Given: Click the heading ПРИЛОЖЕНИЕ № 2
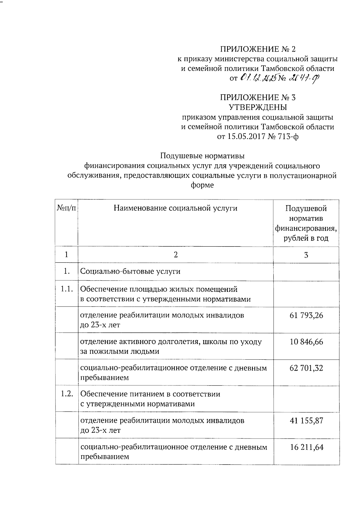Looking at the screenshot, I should click(258, 49).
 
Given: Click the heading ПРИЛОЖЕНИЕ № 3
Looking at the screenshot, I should click(258, 97).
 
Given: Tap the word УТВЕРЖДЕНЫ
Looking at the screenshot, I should click(258, 107).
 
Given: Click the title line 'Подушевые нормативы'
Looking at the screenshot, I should click(202, 156).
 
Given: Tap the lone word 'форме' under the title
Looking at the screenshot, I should click(202, 185).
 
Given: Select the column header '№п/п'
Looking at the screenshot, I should click(66, 208).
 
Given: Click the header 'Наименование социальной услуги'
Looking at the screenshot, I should click(175, 208).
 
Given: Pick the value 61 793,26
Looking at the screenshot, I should click(306, 315).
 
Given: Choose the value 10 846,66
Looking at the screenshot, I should click(306, 342).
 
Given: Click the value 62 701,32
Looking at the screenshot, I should click(306, 368).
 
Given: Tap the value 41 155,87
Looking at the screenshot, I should click(306, 421).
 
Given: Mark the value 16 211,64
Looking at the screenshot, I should click(306, 447).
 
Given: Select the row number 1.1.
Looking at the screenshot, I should click(67, 289).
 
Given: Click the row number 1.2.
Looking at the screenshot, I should click(67, 394).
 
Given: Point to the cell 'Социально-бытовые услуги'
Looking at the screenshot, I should click(130, 271).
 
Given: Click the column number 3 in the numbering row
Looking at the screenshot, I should click(306, 255).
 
